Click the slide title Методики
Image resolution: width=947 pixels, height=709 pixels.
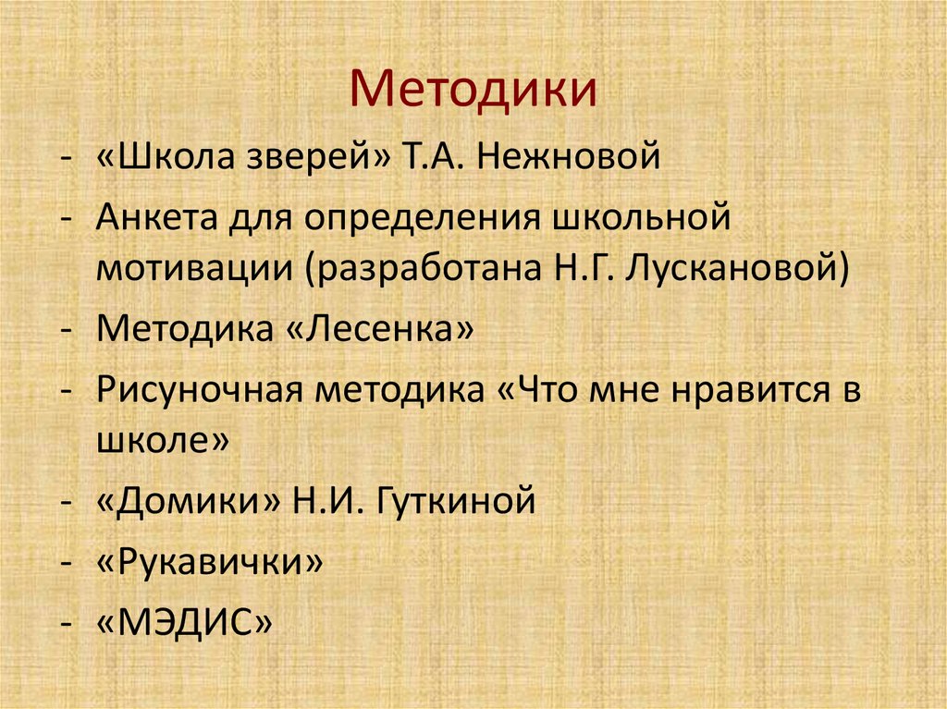click(473, 92)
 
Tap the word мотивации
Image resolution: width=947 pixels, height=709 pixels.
click(189, 268)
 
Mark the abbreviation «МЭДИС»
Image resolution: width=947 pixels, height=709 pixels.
click(185, 620)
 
